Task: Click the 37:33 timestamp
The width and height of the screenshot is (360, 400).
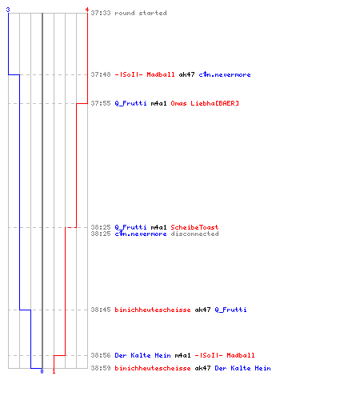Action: [x=101, y=13]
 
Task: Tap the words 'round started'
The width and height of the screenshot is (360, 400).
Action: [x=141, y=13]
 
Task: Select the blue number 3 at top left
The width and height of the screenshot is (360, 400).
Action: [x=8, y=10]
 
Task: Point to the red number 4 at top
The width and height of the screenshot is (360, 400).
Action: [x=87, y=10]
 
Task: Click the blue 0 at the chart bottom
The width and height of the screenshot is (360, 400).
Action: [x=42, y=371]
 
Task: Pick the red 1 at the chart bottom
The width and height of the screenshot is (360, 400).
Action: [x=54, y=371]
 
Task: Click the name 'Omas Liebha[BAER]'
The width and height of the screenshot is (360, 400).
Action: [x=205, y=103]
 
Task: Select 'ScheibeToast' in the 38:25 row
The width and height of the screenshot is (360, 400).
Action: [x=194, y=227]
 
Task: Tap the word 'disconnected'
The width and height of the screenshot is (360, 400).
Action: [x=194, y=234]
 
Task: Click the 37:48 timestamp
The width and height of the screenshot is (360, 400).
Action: [x=101, y=74]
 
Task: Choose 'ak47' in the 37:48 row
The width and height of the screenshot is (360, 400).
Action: [x=186, y=74]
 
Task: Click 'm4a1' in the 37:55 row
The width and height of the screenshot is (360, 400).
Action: [x=158, y=103]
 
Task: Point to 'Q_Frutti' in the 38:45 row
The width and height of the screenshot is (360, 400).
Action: [x=230, y=310]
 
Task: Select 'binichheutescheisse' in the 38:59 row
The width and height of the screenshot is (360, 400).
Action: [x=153, y=368]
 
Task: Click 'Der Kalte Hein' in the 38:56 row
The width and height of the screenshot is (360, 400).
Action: [x=142, y=355]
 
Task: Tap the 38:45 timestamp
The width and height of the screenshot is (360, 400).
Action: [x=101, y=310]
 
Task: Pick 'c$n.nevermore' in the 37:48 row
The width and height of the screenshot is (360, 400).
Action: [x=225, y=74]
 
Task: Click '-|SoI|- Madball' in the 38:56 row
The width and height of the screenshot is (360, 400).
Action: [x=225, y=355]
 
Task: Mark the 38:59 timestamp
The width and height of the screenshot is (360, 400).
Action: [x=101, y=368]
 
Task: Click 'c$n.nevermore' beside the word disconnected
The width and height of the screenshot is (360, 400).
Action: [x=141, y=234]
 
